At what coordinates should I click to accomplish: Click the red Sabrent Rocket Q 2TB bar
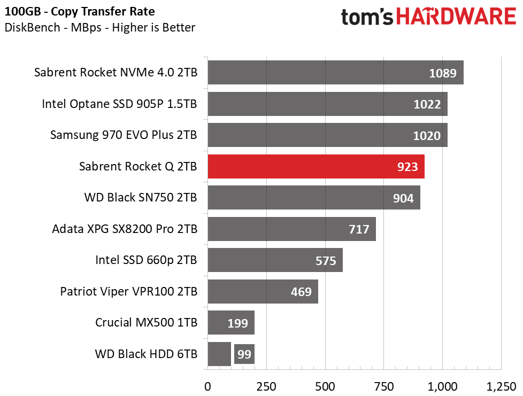316,167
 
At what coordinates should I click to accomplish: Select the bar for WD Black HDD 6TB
219,354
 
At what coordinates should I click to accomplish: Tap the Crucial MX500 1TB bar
230,323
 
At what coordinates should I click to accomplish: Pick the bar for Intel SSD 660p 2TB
275,260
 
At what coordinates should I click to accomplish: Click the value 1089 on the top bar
443,73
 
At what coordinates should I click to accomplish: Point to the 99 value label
244,354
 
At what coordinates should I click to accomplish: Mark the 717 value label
359,230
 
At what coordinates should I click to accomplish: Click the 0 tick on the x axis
207,386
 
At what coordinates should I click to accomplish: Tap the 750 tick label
384,386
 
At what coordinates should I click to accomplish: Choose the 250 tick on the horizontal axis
266,386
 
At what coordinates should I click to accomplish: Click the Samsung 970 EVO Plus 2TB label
124,135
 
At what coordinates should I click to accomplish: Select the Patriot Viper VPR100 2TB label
128,292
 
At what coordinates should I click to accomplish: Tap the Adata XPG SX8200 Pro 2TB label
125,229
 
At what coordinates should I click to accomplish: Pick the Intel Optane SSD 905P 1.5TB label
119,104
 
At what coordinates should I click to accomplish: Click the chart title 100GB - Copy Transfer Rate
81,11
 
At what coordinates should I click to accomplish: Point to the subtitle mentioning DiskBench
99,27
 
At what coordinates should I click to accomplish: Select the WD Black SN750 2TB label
141,198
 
